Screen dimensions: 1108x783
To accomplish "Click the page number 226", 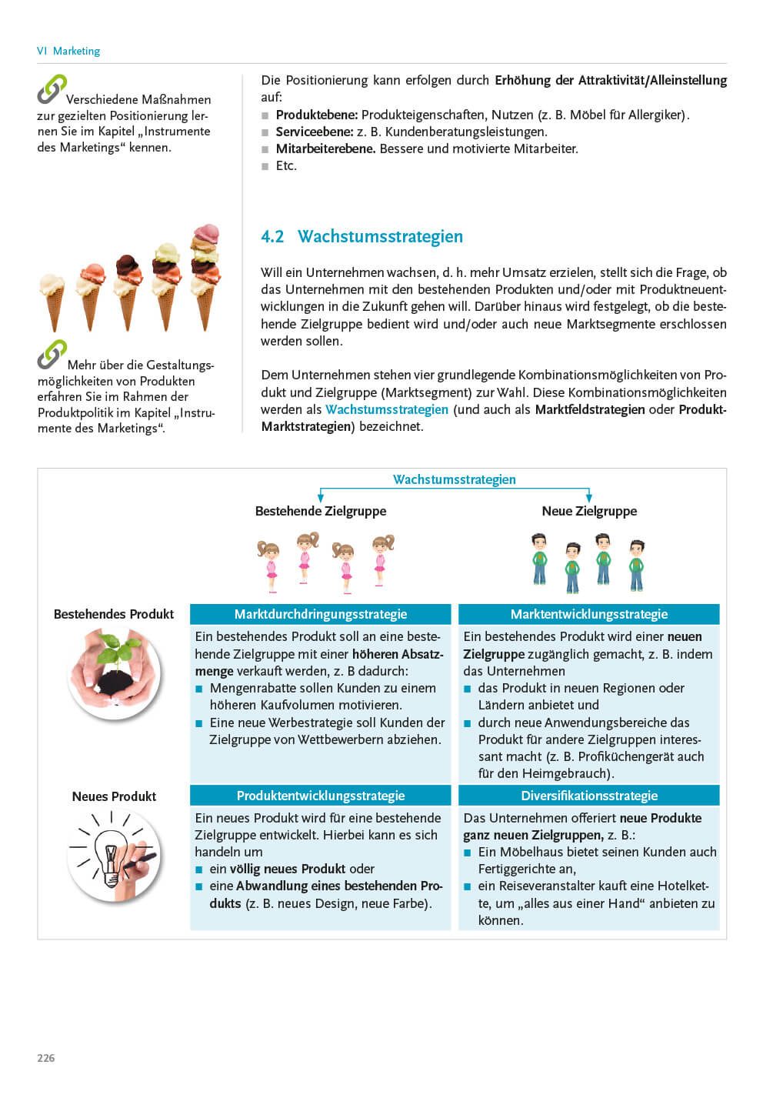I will point(46,1058).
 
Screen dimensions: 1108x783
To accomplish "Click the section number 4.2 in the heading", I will point(272,237).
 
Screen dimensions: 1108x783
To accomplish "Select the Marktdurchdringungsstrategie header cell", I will point(320,614).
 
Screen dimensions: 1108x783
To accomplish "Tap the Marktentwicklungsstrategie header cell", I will point(589,614).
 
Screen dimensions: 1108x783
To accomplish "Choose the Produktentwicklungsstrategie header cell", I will point(320,796).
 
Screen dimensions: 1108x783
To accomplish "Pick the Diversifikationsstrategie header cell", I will point(589,796).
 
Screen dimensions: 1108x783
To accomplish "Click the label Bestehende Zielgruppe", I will point(321,511).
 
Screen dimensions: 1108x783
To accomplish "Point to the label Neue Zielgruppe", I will point(589,511).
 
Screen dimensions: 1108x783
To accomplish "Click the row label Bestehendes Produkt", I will point(114,614).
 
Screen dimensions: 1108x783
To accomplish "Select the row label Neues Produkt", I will point(114,796).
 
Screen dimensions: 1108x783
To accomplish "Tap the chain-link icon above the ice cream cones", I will point(52,88).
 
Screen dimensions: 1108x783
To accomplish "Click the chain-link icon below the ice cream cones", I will point(52,354).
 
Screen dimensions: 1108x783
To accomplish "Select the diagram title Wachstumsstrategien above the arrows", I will point(454,479).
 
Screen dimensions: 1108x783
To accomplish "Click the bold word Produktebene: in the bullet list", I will point(316,115).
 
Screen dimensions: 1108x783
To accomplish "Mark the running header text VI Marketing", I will point(68,51).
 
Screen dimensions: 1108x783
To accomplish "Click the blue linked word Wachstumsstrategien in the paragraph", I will point(386,409).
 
